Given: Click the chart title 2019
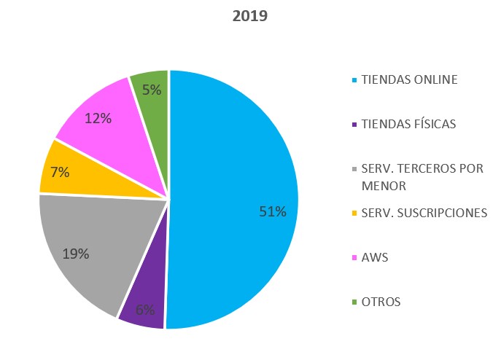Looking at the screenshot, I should pos(250,15).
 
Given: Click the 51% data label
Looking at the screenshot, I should pos(273,212).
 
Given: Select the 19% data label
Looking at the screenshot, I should pos(76,254).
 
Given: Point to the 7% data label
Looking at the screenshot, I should pos(60,172).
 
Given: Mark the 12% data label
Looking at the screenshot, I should pos(98,118).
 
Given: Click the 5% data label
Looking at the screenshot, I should pos(152,90).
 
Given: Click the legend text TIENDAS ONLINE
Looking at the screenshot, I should pos(409,79).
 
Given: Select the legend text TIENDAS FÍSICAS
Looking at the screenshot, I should pos(408,124).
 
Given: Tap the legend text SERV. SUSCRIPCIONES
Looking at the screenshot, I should pos(424,213).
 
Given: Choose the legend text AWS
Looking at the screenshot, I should pos(373,257).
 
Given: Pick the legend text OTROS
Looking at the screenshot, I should pos(381,302).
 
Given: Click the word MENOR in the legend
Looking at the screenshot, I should pos(384,186).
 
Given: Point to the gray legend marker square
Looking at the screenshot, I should pos(354,169).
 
